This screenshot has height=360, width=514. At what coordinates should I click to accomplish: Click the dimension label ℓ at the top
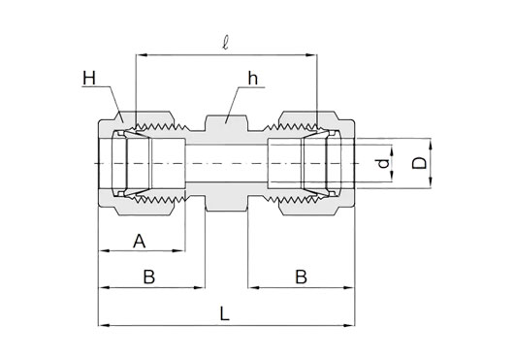(x=225, y=43)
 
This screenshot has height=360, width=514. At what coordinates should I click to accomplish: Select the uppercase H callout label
(x=89, y=79)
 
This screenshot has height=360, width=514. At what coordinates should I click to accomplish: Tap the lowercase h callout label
(x=253, y=79)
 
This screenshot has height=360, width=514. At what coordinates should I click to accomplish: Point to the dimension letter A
(x=139, y=242)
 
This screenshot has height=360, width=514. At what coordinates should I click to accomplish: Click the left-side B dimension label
(x=149, y=278)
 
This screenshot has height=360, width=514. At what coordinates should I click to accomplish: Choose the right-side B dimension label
(x=301, y=278)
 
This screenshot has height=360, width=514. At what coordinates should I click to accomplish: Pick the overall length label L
(x=224, y=314)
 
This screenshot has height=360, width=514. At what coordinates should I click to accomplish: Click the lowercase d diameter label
(x=383, y=163)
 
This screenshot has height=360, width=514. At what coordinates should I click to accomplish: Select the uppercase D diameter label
(x=419, y=163)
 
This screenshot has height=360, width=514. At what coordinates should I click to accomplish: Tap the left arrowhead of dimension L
(x=104, y=325)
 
